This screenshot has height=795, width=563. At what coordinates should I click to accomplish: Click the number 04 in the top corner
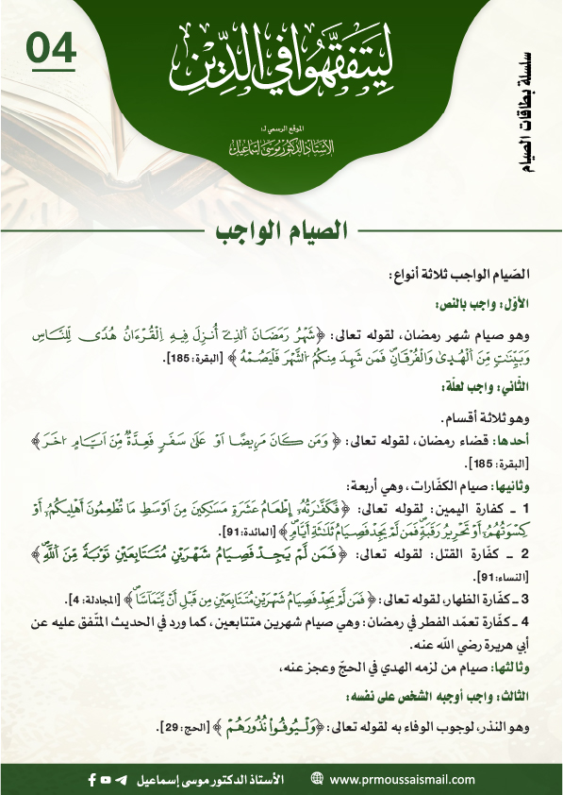pyautogui.click(x=51, y=49)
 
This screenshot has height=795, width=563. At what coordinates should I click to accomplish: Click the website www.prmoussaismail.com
pyautogui.click(x=395, y=778)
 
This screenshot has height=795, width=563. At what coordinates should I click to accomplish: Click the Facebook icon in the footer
pyautogui.click(x=91, y=778)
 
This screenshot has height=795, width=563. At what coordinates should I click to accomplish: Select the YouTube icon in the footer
pyautogui.click(x=106, y=778)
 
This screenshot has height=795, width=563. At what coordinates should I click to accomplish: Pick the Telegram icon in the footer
pyautogui.click(x=120, y=778)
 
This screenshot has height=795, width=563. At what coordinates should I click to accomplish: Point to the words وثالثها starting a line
pyautogui.click(x=512, y=671)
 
